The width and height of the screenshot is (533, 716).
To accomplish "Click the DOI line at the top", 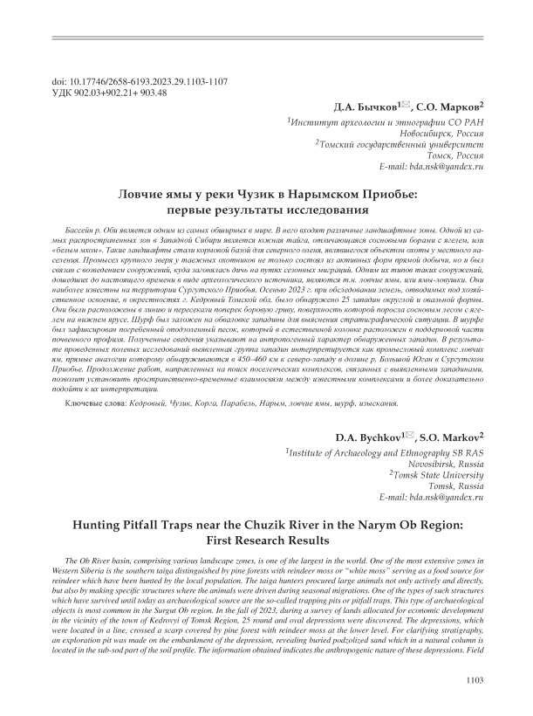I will (140, 80).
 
